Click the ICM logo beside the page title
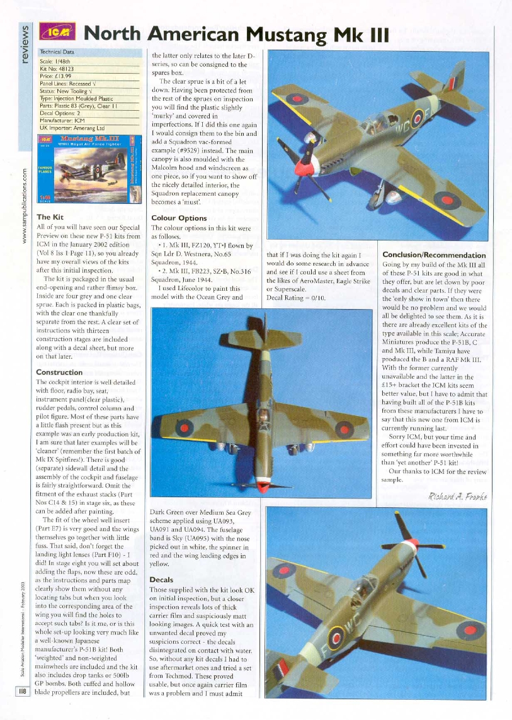click(x=57, y=33)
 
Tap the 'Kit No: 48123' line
click(x=57, y=69)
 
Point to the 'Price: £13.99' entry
click(x=56, y=76)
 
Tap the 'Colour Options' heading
click(x=179, y=218)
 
